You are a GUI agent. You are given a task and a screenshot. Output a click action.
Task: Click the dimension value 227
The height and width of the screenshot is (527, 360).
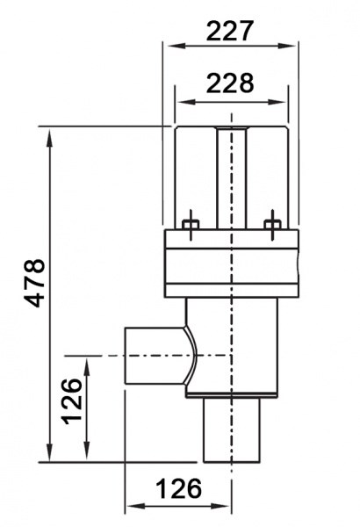tap(229, 31)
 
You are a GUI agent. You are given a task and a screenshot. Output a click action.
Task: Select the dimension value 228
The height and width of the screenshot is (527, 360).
tap(230, 83)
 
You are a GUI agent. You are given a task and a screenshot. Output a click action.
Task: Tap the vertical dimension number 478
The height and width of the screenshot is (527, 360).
tap(35, 283)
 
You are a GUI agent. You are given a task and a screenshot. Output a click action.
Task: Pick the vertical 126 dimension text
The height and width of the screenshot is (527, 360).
tap(72, 401)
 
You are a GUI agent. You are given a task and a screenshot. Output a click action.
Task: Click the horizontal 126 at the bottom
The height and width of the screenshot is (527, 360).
tap(179, 488)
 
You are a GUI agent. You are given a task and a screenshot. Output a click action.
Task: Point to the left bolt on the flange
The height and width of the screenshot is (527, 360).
tap(191, 225)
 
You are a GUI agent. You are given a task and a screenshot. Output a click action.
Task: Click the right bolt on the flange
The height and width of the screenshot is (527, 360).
tap(272, 225)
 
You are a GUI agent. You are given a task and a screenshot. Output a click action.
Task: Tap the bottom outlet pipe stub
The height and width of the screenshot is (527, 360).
tap(232, 430)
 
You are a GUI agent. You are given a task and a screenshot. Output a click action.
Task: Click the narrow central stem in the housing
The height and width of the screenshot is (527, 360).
tap(231, 177)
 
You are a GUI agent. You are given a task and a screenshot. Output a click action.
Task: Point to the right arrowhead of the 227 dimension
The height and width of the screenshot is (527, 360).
tap(287, 46)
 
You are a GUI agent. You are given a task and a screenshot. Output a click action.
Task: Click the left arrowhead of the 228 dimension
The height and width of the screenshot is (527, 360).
tap(186, 102)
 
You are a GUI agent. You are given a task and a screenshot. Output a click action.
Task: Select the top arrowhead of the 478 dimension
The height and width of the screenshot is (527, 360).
tap(50, 137)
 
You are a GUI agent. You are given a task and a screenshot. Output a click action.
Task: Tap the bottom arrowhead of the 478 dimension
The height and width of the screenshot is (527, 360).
tap(50, 452)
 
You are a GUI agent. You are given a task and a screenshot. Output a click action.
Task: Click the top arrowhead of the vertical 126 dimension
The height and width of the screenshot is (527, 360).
tap(87, 366)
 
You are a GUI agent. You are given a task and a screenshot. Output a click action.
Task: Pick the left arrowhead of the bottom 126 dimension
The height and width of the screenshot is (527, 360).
tap(135, 506)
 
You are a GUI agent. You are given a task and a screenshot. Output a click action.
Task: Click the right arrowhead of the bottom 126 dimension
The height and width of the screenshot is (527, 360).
tap(221, 506)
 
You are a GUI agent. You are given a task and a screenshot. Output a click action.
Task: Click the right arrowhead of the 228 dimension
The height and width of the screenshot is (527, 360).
tap(277, 102)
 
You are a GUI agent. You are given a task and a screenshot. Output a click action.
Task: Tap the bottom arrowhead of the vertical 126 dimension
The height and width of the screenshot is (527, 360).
tap(87, 451)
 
